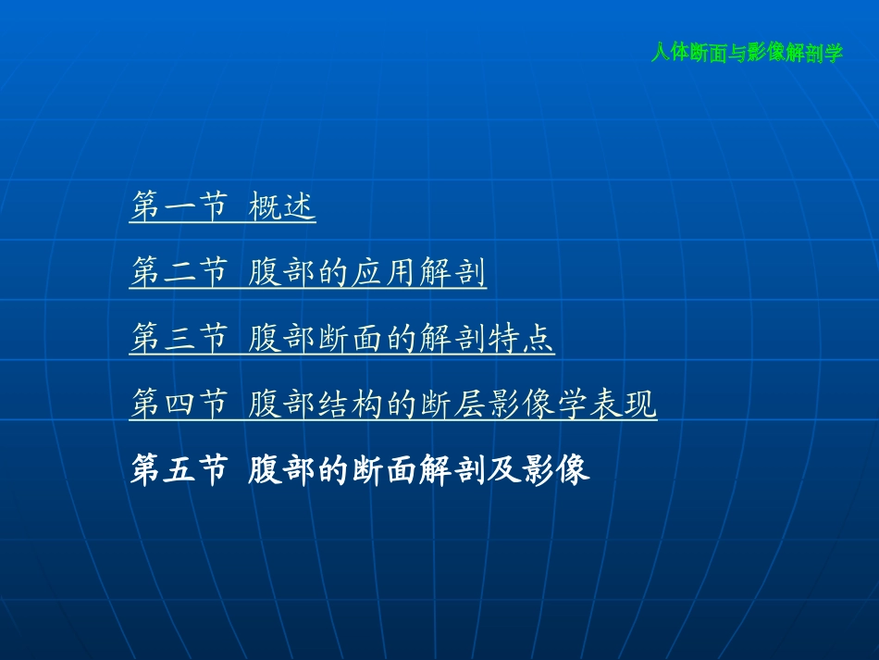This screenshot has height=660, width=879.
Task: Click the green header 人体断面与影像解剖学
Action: click(x=747, y=54)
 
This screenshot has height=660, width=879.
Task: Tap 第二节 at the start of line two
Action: click(x=178, y=274)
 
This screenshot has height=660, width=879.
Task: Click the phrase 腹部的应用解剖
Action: click(x=367, y=274)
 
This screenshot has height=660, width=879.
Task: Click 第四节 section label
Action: click(x=178, y=405)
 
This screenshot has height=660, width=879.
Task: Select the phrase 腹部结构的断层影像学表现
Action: click(x=452, y=405)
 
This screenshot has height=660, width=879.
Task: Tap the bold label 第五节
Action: click(x=178, y=471)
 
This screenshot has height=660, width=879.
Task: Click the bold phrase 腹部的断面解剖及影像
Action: click(x=418, y=471)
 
